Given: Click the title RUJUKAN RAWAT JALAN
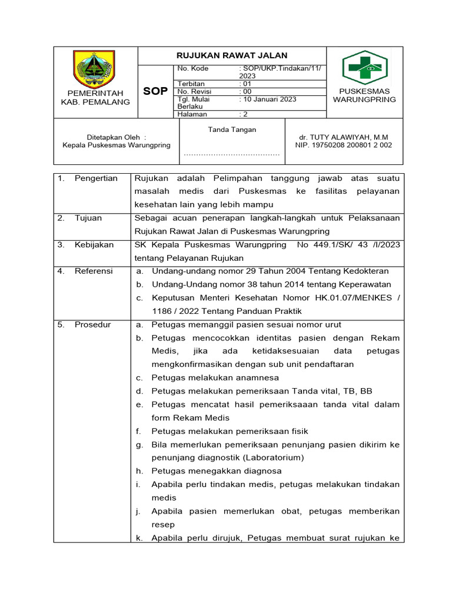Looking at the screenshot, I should (231, 55).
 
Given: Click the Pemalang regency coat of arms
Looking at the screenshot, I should (95, 69).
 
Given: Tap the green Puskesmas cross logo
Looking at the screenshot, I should (364, 68).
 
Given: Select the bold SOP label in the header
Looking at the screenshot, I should (156, 91).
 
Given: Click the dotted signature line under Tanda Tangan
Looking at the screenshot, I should (231, 155).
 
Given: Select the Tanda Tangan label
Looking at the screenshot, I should (232, 130).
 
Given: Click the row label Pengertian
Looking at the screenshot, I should (96, 178).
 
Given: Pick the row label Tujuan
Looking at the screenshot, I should (88, 218).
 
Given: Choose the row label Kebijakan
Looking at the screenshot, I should (94, 244).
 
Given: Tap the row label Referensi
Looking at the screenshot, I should (94, 271).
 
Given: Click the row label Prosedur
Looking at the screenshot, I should (92, 324).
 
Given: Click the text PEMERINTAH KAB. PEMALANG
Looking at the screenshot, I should (95, 98).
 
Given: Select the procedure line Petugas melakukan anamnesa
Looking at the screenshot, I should (215, 377).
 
